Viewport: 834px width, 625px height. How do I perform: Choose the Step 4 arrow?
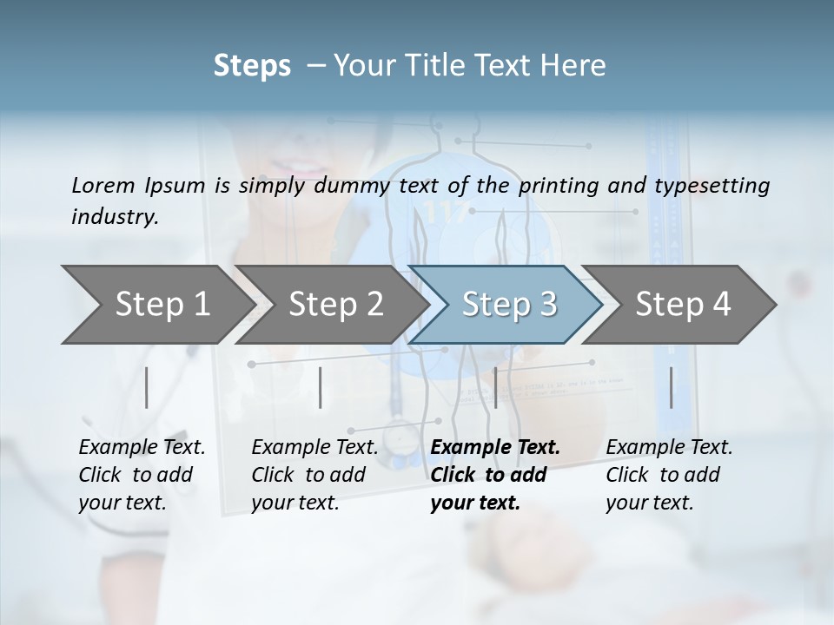(682, 305)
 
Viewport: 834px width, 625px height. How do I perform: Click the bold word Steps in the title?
(252, 66)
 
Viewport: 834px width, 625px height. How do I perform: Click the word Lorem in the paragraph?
(103, 185)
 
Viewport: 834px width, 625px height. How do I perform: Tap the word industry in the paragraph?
(114, 217)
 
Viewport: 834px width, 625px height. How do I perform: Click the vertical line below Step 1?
(146, 387)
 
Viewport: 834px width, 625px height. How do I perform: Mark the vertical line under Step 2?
(321, 387)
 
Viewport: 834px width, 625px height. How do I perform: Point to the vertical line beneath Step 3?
(495, 387)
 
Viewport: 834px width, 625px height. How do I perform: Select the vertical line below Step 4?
(671, 387)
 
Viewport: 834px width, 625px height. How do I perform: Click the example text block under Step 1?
(141, 475)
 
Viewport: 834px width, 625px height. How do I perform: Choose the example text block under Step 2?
(314, 475)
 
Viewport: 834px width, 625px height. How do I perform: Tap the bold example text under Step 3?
(494, 475)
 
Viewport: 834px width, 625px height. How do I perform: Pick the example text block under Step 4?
(668, 475)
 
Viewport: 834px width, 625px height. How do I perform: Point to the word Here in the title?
(577, 66)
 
